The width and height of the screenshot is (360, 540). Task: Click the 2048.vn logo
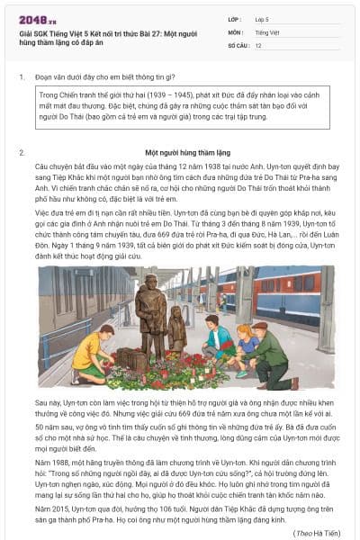click(x=33, y=18)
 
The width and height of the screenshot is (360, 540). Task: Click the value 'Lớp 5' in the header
click(x=262, y=18)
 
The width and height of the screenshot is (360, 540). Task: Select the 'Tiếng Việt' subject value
click(x=266, y=31)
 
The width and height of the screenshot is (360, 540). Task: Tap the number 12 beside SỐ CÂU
click(x=258, y=44)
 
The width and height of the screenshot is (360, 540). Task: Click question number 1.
click(x=21, y=76)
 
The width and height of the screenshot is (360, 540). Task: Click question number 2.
click(x=21, y=153)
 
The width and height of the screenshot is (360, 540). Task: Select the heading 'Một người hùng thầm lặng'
click(x=188, y=153)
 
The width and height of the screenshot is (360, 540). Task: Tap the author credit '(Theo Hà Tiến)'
click(x=317, y=533)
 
